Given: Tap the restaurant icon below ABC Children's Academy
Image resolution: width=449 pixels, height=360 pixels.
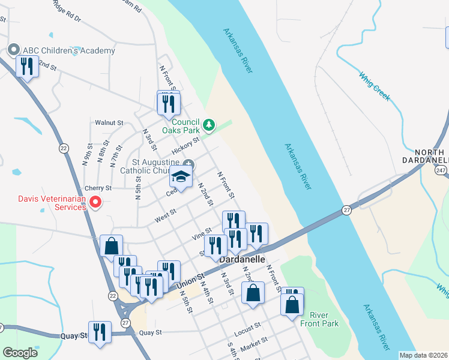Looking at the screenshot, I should (x=26, y=66).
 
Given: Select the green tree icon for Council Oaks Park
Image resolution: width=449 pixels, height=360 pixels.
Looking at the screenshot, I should (x=208, y=125).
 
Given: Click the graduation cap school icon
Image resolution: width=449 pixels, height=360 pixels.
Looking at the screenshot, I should (x=181, y=176).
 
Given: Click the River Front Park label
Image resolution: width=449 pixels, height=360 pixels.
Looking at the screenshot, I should (x=324, y=319).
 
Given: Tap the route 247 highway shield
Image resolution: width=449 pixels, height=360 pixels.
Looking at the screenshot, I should (x=441, y=171).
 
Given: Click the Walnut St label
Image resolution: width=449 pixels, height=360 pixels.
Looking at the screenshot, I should (x=109, y=122).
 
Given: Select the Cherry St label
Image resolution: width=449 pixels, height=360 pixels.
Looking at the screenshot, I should (x=98, y=188).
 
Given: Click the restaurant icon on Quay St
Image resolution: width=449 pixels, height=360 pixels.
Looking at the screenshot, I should (x=100, y=331).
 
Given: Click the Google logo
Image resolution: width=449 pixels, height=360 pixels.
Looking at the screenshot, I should (x=20, y=353).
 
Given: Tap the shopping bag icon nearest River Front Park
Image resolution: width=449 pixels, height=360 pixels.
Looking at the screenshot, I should (x=292, y=304).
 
